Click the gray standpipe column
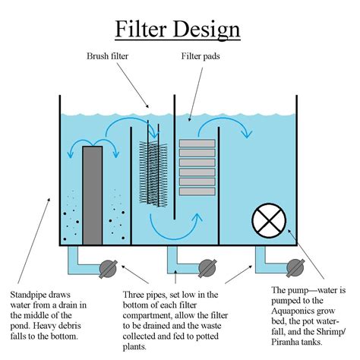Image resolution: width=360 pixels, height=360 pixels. pyautogui.click(x=91, y=194)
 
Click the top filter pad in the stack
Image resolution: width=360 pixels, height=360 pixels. pyautogui.click(x=194, y=143)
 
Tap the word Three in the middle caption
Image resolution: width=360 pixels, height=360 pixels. pyautogui.click(x=137, y=295)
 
